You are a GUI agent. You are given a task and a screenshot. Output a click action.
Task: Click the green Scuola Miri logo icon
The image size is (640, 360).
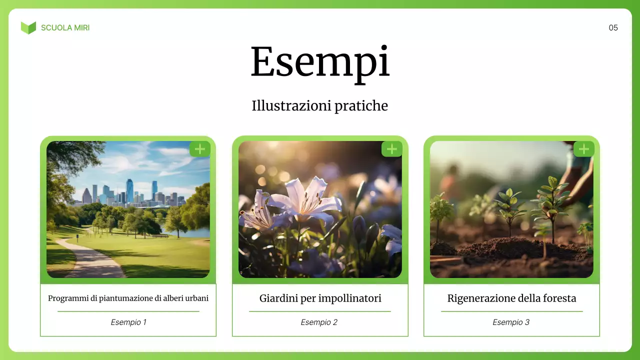28,27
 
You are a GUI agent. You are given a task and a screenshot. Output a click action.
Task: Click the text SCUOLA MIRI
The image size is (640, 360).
65,28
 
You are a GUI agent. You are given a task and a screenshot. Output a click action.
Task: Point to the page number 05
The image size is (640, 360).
613,28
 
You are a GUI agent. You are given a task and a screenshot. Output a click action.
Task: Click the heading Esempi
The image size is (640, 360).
320,62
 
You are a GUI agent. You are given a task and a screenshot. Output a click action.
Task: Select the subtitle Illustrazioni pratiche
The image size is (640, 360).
320,106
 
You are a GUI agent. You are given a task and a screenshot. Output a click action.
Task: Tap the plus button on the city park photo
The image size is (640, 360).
199,148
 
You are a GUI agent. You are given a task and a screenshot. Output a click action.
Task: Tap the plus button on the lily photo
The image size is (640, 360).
391,148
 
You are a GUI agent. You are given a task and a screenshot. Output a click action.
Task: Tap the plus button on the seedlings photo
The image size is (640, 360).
583,148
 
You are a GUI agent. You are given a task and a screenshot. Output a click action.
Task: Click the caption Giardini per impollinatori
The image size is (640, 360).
320,298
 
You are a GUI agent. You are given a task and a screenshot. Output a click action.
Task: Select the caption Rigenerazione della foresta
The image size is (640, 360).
511,298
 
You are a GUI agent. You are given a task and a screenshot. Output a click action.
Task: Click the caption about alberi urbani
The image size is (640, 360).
128,298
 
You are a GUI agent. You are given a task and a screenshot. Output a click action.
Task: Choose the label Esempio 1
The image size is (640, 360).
128,322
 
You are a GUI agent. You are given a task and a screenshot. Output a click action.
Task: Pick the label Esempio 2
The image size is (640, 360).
319,322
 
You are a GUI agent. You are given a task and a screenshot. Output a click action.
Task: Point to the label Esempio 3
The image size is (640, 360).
511,322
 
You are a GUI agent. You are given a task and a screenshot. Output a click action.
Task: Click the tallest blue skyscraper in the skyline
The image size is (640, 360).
129,190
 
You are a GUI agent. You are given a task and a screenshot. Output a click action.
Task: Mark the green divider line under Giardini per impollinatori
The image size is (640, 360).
320,311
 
